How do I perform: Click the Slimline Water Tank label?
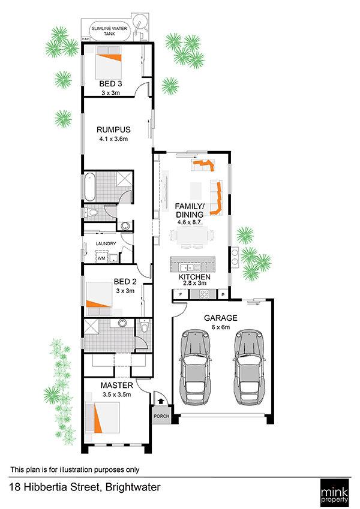coord(109,31)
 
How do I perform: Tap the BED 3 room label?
coord(110,84)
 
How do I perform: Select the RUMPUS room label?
coord(113,130)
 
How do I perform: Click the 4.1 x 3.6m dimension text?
coord(113,139)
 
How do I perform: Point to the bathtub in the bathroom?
coord(89,187)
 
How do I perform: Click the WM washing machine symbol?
coord(101,258)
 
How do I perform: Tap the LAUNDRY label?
coord(106,243)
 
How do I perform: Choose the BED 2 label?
coord(125,281)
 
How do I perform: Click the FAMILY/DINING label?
coord(190,210)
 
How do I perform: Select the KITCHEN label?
coord(194,277)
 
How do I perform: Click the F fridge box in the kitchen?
coord(181,295)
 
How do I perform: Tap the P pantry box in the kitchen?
coord(223,295)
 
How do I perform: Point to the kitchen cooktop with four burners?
coord(204,294)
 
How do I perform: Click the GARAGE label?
coord(221,318)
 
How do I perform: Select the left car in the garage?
coord(194,367)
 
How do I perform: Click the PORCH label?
coord(161,416)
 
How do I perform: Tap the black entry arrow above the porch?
coord(161,402)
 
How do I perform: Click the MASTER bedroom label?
coord(116,385)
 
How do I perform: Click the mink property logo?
coord(334,492)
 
